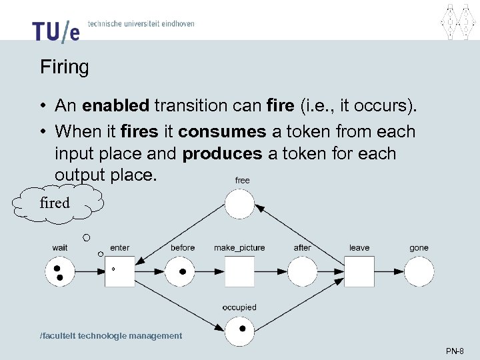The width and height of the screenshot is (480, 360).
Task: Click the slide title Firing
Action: click(x=64, y=67)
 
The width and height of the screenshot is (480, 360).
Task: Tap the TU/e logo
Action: click(x=55, y=31)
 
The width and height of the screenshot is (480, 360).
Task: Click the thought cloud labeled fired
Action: click(x=55, y=203)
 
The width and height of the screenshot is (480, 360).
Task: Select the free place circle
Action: click(x=239, y=204)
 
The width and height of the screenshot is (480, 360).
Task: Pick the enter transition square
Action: click(x=120, y=271)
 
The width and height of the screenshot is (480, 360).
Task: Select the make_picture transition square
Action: click(x=239, y=272)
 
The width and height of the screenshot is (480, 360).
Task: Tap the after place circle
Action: click(x=303, y=272)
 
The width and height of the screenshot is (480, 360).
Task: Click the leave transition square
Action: click(x=359, y=272)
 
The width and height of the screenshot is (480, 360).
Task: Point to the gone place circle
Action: click(x=419, y=272)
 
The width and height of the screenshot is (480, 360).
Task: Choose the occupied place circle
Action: click(x=239, y=331)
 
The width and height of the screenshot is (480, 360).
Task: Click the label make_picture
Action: click(x=239, y=248)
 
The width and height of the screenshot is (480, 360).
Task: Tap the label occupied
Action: click(x=239, y=307)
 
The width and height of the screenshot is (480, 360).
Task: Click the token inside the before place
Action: click(x=183, y=272)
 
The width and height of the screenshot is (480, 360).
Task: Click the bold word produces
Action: click(x=222, y=153)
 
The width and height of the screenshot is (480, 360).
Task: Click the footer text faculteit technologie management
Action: click(x=111, y=336)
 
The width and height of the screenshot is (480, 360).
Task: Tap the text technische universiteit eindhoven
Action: click(x=141, y=23)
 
